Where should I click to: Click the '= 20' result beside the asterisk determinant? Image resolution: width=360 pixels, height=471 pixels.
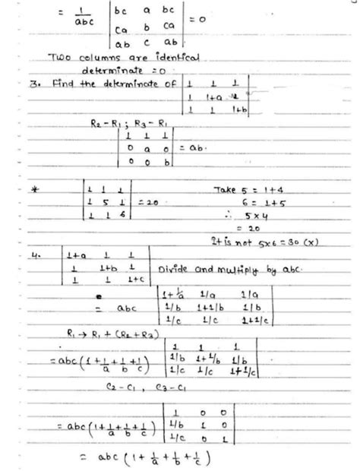tap(149, 204)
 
